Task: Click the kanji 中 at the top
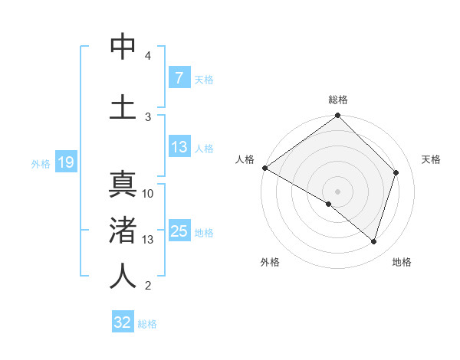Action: (x=123, y=47)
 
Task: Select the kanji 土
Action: (x=123, y=106)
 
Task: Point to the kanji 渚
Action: (x=123, y=231)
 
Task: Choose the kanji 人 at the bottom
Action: (x=123, y=276)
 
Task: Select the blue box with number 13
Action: (x=179, y=148)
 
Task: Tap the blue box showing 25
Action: (x=179, y=232)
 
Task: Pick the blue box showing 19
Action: (x=65, y=162)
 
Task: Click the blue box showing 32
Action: (x=123, y=322)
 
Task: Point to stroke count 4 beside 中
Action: (x=148, y=56)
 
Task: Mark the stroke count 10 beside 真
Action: (x=148, y=194)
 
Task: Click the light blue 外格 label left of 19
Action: (x=41, y=163)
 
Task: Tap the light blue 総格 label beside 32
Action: (x=147, y=324)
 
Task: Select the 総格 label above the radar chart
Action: (x=338, y=100)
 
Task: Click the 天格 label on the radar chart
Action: (x=431, y=159)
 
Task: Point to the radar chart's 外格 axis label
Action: (x=270, y=262)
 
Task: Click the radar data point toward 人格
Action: (x=264, y=168)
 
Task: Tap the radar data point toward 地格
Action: (x=374, y=241)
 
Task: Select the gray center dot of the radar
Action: (x=337, y=191)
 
